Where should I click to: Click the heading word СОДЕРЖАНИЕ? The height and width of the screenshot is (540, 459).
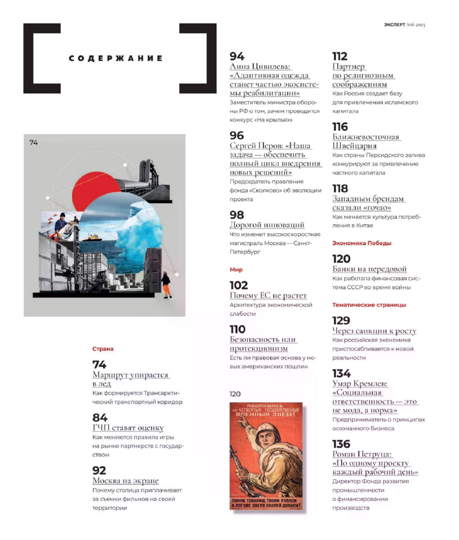click(x=116, y=58)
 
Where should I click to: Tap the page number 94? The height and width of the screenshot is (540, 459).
click(x=237, y=56)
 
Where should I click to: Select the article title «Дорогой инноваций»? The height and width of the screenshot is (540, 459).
click(x=267, y=225)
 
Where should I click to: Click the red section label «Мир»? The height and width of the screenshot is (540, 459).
click(x=236, y=269)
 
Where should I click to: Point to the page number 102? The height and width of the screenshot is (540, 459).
click(x=239, y=285)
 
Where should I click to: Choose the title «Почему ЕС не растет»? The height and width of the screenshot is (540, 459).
click(x=268, y=295)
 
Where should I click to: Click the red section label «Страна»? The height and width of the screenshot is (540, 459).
click(x=103, y=349)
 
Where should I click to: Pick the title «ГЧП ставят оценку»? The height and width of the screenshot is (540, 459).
click(x=128, y=428)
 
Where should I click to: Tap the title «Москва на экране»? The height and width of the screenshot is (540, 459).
click(x=125, y=481)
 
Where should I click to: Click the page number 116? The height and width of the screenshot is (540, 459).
click(x=340, y=127)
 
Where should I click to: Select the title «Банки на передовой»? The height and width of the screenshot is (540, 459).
click(x=369, y=269)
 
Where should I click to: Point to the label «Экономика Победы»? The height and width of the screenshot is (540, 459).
click(x=362, y=243)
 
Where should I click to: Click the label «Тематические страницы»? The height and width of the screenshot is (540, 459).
click(x=369, y=305)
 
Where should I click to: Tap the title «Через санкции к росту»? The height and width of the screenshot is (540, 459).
click(x=374, y=330)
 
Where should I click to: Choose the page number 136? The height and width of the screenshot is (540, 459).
click(x=341, y=444)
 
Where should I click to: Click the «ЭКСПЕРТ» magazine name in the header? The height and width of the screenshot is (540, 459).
click(x=394, y=25)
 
